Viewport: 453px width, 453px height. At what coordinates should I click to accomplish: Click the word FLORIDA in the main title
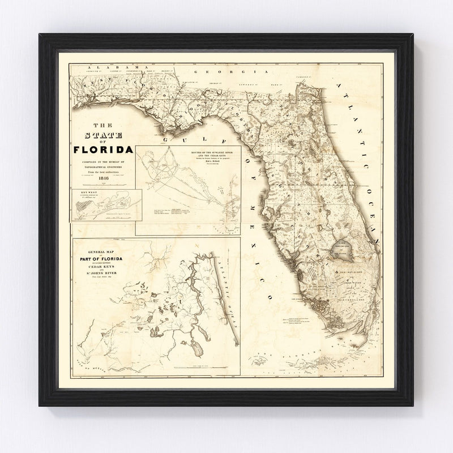pos(103,150)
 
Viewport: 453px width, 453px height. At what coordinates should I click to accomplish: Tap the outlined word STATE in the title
pos(104,135)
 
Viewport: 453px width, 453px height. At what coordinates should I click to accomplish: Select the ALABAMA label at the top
pos(114,67)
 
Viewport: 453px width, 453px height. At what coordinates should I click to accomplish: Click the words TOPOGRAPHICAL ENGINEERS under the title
pos(103,169)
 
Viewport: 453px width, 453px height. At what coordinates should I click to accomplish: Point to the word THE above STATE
pos(103,126)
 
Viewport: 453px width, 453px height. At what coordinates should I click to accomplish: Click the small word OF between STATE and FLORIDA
pos(103,142)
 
